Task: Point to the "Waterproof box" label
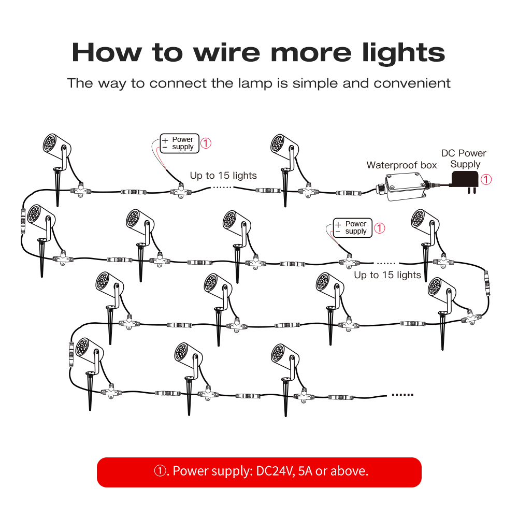click(401, 165)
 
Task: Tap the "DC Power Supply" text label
click(464, 159)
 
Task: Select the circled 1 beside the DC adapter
click(486, 179)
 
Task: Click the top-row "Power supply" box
click(179, 143)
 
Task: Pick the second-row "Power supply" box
click(352, 227)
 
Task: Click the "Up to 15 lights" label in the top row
click(223, 176)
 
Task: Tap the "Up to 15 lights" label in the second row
click(387, 275)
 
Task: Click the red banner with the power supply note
click(259, 472)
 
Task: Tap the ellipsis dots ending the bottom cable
click(402, 394)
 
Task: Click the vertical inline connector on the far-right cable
click(487, 283)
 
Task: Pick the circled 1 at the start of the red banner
click(160, 471)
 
